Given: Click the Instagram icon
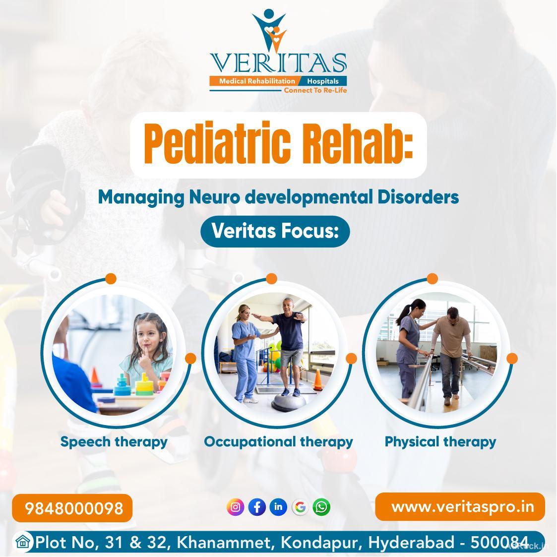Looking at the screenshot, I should (x=236, y=507).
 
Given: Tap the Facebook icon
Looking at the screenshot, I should (x=257, y=507).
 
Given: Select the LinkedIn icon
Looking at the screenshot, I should (x=278, y=507).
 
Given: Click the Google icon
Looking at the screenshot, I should (x=300, y=507).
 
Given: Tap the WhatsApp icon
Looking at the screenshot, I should (x=321, y=507).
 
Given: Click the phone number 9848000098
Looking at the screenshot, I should (x=73, y=508).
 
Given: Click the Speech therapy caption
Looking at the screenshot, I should (x=114, y=441).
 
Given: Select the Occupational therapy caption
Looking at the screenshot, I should (x=278, y=441).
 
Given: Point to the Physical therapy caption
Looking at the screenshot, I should (x=440, y=441).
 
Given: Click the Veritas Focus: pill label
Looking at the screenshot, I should (x=275, y=231).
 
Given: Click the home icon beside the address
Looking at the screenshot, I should (x=22, y=542).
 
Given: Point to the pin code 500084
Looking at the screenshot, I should (x=499, y=542).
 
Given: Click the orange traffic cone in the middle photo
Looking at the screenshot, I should (x=318, y=379).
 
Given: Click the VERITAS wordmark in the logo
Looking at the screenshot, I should (x=278, y=63).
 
